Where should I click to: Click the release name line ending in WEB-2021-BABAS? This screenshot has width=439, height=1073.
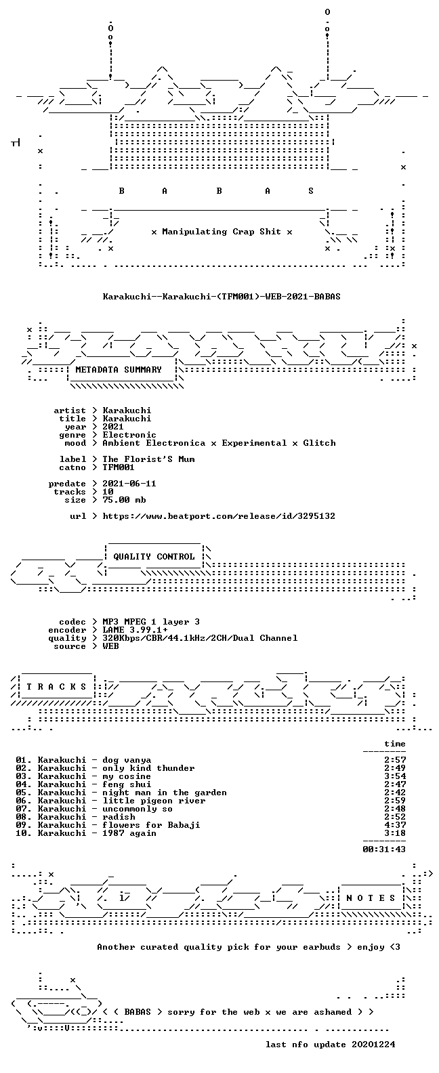click(x=222, y=297)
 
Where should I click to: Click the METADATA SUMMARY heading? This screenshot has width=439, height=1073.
click(x=119, y=369)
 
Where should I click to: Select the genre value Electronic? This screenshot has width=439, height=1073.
click(x=129, y=434)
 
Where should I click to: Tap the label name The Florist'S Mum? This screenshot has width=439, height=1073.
click(x=148, y=459)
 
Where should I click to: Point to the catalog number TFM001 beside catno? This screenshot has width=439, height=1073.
click(x=119, y=467)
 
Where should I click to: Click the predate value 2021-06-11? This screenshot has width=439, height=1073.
click(x=129, y=484)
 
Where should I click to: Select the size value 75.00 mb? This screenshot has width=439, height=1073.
click(x=124, y=500)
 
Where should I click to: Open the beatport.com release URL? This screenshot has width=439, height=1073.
click(x=219, y=516)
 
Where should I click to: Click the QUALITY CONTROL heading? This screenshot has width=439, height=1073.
click(x=154, y=557)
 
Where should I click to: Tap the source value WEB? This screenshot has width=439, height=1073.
click(x=110, y=646)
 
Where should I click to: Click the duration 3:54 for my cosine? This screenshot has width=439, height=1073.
click(x=395, y=776)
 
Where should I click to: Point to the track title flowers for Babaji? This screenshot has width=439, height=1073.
click(x=152, y=825)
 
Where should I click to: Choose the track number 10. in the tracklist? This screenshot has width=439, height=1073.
click(x=24, y=833)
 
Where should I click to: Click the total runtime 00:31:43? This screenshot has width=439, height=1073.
click(x=384, y=849)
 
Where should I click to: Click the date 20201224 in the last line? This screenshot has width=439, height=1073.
click(x=374, y=1045)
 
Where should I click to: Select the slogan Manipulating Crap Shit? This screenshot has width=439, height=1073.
click(x=222, y=232)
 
